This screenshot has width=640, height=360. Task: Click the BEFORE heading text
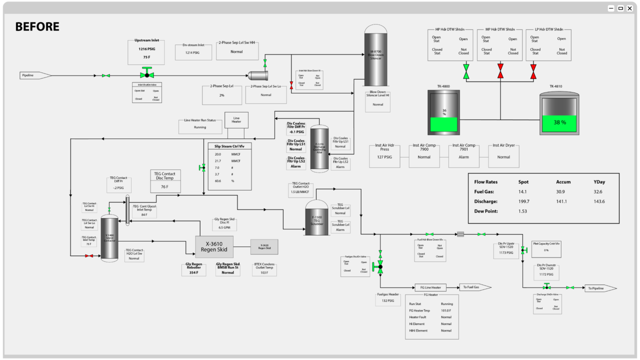[x=37, y=27]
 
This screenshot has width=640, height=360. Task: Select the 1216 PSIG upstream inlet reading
[x=146, y=49]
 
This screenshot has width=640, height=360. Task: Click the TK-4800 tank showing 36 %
[x=444, y=113]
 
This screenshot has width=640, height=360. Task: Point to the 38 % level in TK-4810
[x=559, y=122]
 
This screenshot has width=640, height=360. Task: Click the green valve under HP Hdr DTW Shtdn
[x=466, y=71]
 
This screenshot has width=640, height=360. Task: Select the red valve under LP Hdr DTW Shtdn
[x=533, y=71]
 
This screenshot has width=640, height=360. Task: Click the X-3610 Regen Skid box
[x=214, y=246]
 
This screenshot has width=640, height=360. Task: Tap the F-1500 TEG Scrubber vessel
[x=316, y=218]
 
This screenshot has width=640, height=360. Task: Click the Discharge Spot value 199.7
[x=524, y=201]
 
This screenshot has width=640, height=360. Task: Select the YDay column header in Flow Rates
[x=599, y=182]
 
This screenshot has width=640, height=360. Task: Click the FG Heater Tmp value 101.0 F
[x=446, y=310]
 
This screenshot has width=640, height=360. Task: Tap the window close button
[x=629, y=8]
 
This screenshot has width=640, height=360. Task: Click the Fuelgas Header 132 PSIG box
[x=388, y=298]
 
